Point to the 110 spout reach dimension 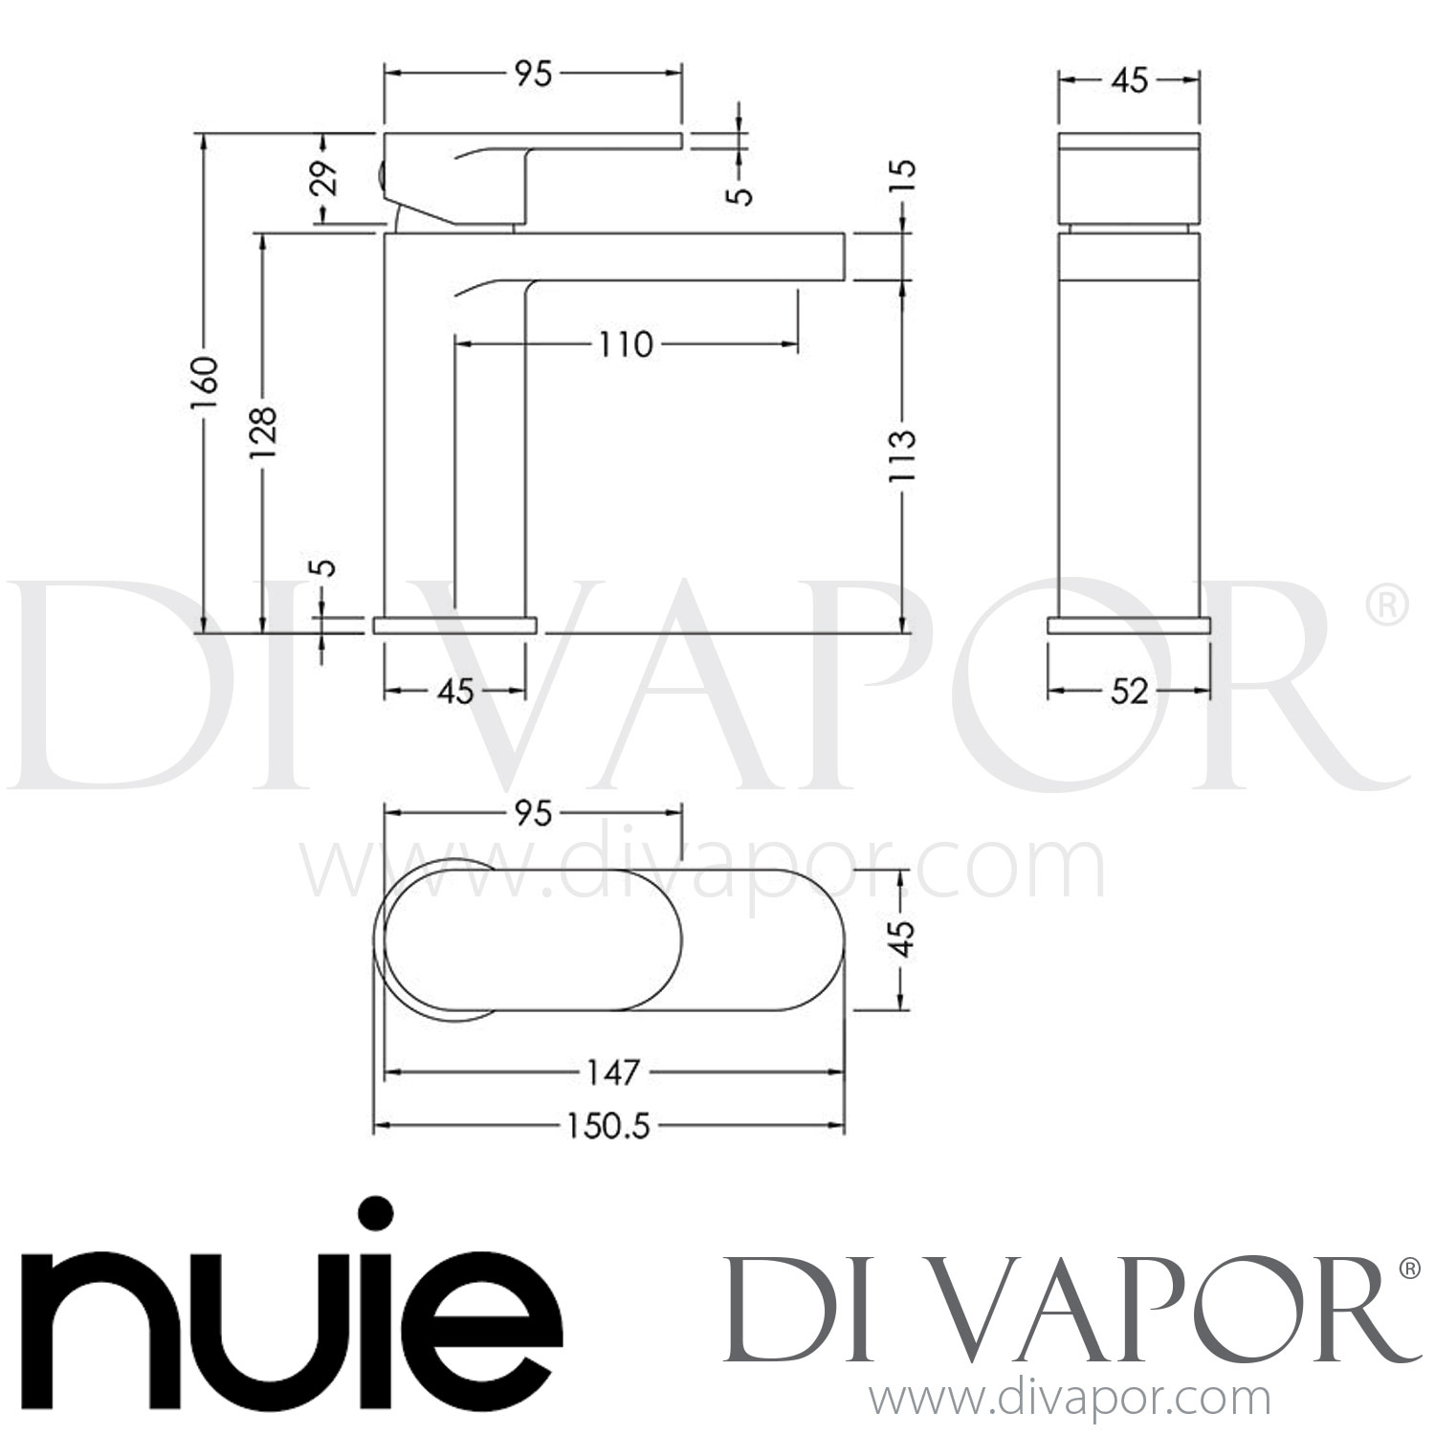tap(626, 343)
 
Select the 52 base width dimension tap(1129, 691)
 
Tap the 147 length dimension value tap(612, 1072)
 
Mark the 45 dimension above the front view tap(1129, 81)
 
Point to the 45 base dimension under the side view tap(455, 691)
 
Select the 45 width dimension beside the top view tap(904, 938)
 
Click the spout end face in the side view tap(844, 255)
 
